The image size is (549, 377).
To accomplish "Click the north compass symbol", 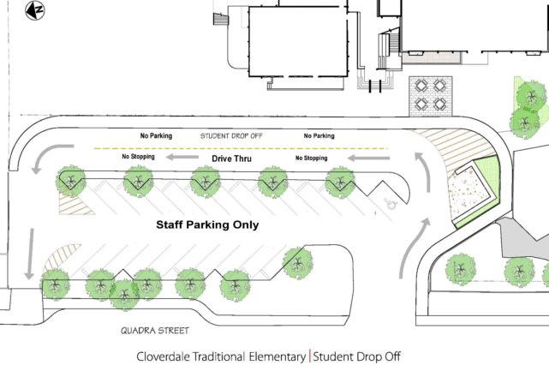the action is [x=35, y=10].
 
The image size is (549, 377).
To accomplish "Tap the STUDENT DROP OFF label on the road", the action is [x=231, y=136].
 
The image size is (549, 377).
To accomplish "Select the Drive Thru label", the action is [x=231, y=159].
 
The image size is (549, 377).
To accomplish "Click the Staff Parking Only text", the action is [x=207, y=224].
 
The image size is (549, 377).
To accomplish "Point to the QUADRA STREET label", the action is [x=155, y=331].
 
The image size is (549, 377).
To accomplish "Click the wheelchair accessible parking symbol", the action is [x=390, y=204].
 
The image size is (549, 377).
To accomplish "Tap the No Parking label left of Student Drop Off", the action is [x=156, y=135].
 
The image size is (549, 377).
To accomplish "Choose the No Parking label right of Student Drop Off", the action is [x=319, y=135].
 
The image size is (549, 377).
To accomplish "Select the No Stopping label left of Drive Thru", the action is [x=138, y=157].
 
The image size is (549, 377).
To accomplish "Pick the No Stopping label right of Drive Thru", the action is [x=311, y=158].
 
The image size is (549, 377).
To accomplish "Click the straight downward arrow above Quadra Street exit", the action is [x=31, y=254].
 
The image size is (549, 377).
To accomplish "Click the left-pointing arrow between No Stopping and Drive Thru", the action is [x=182, y=157].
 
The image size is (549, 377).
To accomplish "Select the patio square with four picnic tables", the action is [x=431, y=96].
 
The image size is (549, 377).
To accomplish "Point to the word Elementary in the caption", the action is [x=277, y=357].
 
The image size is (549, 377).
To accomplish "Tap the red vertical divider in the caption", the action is [x=309, y=356].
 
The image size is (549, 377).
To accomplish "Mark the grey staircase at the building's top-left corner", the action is [x=221, y=19].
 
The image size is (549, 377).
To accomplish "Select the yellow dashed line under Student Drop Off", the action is [x=241, y=148].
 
